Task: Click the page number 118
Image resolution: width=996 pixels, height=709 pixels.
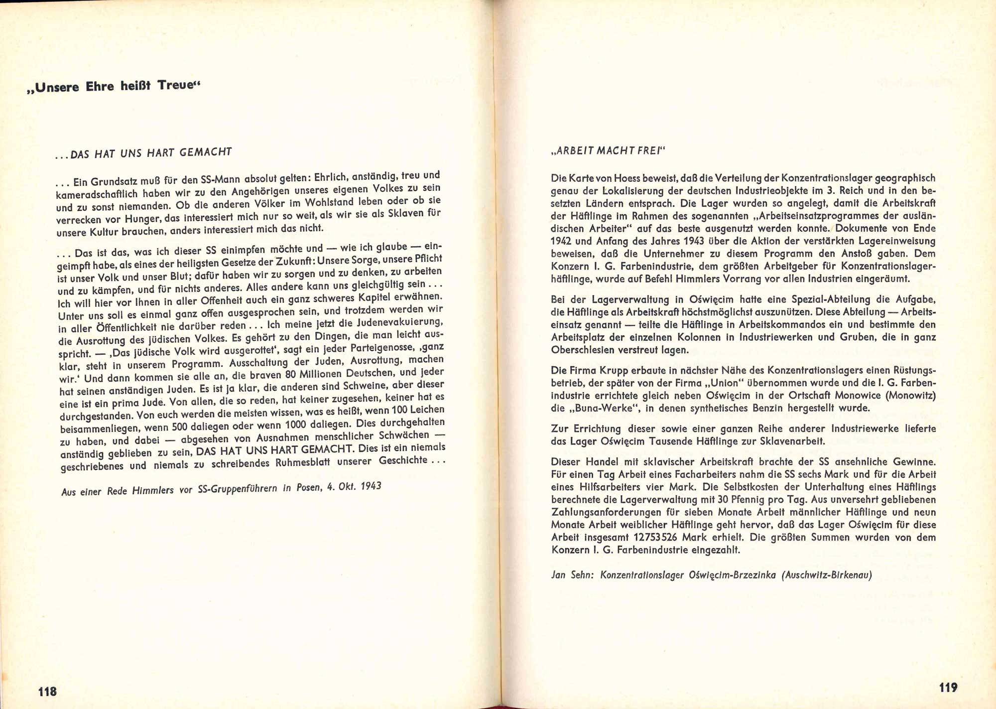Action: pyautogui.click(x=47, y=691)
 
